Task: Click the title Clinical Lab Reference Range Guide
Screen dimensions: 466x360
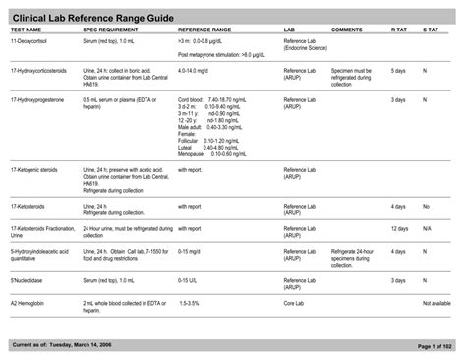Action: pos(92,14)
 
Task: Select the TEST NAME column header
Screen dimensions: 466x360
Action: pos(27,30)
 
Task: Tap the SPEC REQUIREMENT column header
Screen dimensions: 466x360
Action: pos(110,30)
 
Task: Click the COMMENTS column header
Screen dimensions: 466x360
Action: pos(347,30)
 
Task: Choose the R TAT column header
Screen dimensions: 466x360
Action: pos(398,30)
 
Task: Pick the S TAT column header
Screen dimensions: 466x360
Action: pos(431,30)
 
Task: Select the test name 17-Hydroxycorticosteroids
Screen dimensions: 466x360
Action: pos(39,71)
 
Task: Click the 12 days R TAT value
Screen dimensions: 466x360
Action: pos(399,229)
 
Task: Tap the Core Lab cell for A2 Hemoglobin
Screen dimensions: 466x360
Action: pos(294,303)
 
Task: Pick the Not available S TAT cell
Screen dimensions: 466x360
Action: pos(437,303)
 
